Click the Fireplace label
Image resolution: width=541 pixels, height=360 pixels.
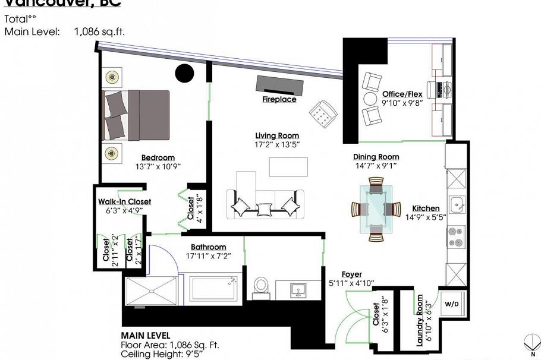click(x=279, y=100)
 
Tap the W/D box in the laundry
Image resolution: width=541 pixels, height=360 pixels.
click(x=452, y=304)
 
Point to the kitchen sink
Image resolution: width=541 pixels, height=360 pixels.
click(x=457, y=205)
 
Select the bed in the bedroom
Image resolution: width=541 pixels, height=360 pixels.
click(x=137, y=115)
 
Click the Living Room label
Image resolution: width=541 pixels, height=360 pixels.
click(x=277, y=135)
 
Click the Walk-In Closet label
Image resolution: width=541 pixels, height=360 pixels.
click(x=124, y=201)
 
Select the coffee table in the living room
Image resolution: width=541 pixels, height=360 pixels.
click(x=288, y=166)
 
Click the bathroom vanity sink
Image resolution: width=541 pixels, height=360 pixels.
click(x=298, y=290)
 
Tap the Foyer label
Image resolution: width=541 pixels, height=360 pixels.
click(x=351, y=274)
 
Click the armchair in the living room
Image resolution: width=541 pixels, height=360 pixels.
click(x=323, y=112)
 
